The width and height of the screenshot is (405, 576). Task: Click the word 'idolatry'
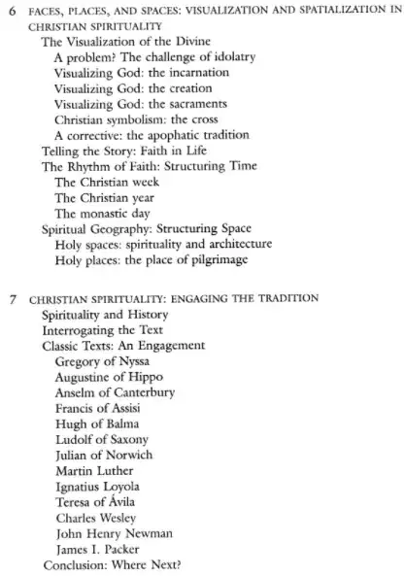point(226,58)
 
